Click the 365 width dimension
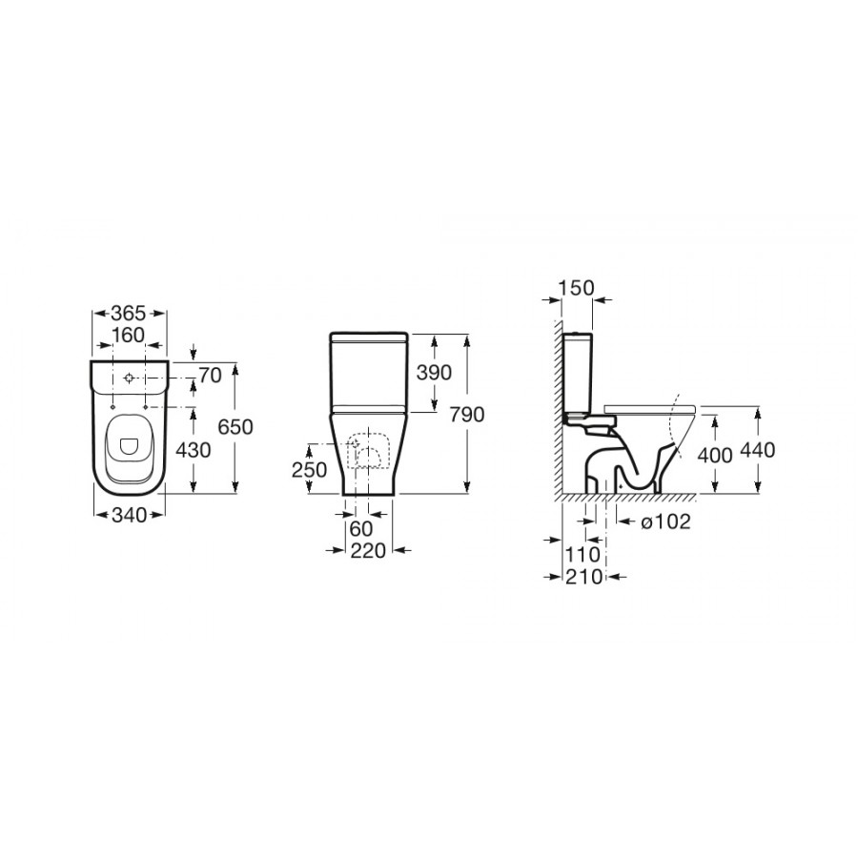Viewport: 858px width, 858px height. click(x=129, y=314)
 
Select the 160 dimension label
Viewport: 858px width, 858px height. click(x=128, y=335)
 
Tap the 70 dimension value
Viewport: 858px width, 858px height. click(x=210, y=376)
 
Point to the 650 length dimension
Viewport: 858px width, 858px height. click(x=235, y=426)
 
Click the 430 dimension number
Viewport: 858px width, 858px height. click(x=193, y=450)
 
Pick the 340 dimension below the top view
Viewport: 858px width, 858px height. click(x=129, y=515)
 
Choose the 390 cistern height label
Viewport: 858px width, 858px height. click(x=434, y=372)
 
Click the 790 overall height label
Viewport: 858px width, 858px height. click(x=467, y=415)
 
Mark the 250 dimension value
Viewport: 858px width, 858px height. click(x=309, y=469)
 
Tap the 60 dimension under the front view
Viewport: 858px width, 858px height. click(x=361, y=528)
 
